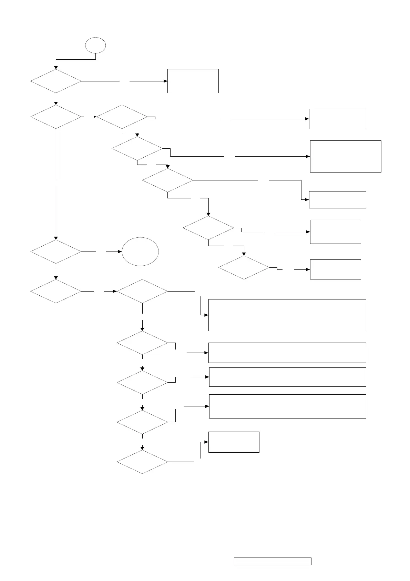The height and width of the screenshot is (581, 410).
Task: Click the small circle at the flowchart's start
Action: (x=95, y=45)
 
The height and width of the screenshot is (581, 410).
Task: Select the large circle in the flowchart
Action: (x=140, y=252)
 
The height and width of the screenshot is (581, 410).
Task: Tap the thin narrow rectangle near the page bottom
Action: (x=273, y=561)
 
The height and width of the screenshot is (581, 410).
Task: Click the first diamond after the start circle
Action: (x=56, y=81)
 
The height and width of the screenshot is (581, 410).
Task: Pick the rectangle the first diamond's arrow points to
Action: (x=193, y=81)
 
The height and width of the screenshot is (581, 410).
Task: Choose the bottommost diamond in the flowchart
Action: (x=142, y=462)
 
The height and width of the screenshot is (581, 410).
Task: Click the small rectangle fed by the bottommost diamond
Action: (x=234, y=442)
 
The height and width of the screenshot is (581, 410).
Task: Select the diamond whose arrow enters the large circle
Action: (x=56, y=252)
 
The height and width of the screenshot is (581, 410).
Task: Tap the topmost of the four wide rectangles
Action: (x=287, y=315)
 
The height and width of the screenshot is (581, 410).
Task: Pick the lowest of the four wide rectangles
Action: (x=287, y=406)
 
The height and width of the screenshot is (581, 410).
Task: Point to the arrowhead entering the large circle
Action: (x=120, y=252)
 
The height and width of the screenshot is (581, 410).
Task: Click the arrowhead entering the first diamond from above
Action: (x=56, y=67)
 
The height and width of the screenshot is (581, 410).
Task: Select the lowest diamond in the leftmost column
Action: (x=56, y=291)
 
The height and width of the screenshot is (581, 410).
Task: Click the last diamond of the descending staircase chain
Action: (x=244, y=267)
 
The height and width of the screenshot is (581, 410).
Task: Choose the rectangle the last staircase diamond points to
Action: (x=335, y=269)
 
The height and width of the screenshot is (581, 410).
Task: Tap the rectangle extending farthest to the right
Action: (x=346, y=156)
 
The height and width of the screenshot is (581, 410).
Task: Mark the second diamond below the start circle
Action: (x=56, y=117)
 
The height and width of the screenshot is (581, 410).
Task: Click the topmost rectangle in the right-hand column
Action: (x=337, y=119)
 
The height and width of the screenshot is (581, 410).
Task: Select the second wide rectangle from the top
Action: (x=287, y=353)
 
